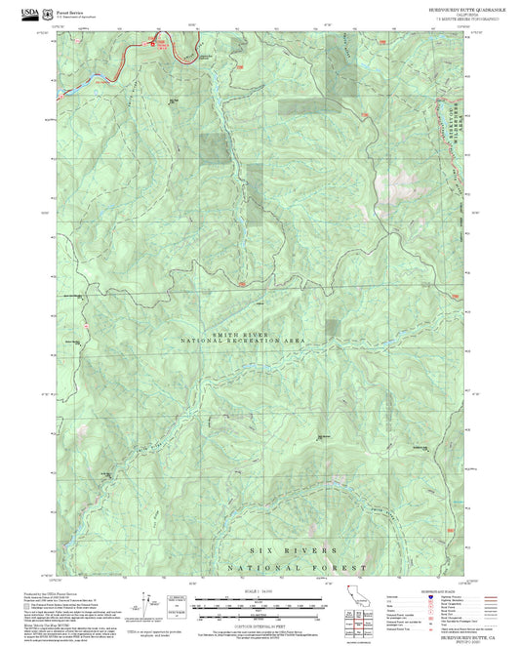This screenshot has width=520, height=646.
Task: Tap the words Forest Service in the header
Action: [x=71, y=11]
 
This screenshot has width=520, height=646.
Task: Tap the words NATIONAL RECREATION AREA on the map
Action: [x=243, y=342]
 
